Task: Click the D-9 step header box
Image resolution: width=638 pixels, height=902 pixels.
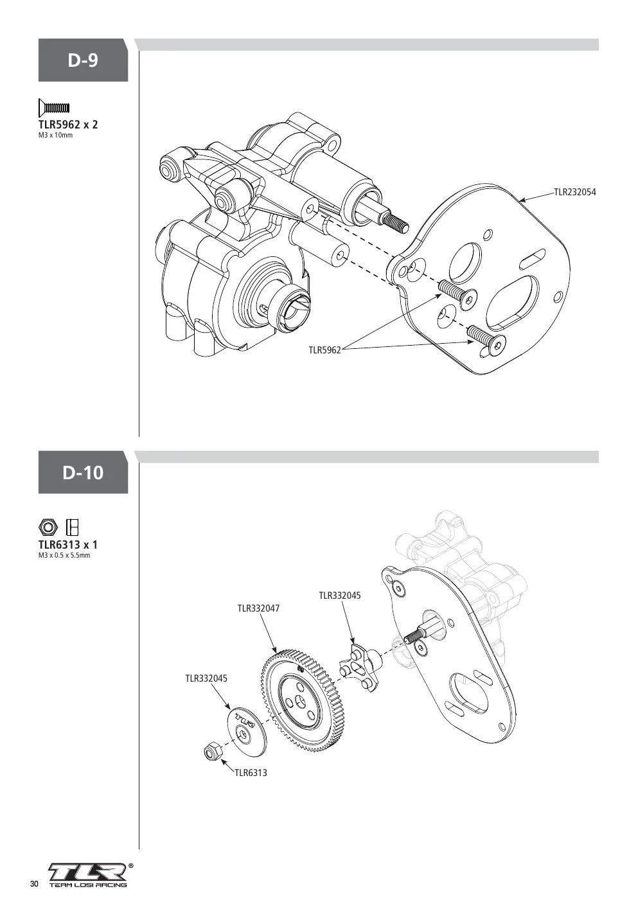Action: pos(83,60)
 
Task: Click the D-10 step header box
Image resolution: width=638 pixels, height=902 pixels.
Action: pos(83,472)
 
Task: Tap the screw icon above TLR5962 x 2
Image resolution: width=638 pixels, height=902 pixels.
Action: pos(54,108)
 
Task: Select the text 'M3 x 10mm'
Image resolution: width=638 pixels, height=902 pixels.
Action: pos(56,136)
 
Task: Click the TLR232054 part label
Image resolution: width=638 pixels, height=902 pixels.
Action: pos(575,192)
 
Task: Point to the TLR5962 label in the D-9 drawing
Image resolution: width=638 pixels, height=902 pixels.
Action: pos(324,350)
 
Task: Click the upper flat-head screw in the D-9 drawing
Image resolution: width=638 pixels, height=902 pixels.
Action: pos(457,293)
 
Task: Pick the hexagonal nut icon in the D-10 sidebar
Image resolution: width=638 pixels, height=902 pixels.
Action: pos(49,527)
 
